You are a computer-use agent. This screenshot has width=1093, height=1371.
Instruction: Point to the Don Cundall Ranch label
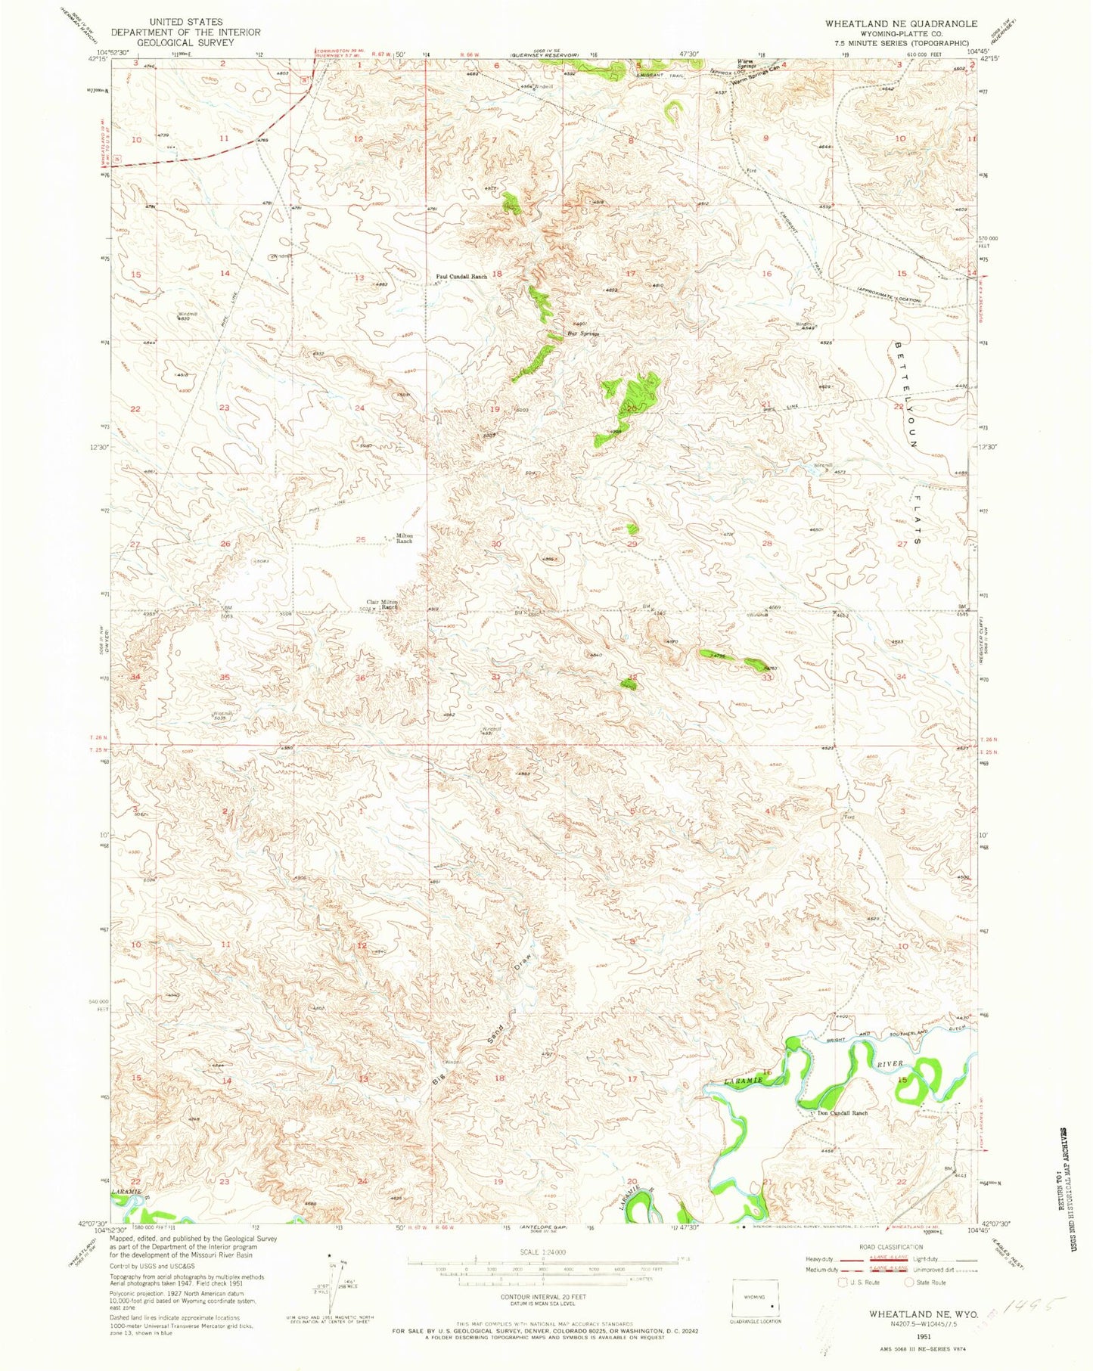click(840, 1113)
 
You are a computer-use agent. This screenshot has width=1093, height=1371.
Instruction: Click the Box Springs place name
click(583, 333)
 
